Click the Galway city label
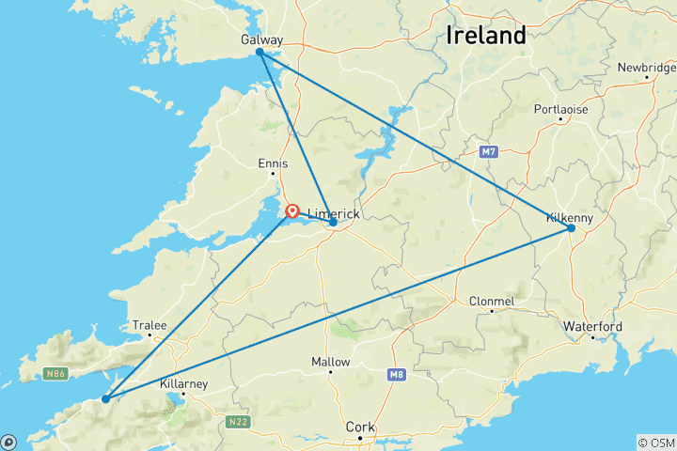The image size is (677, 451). point(260,40)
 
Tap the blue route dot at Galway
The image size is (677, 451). point(260,53)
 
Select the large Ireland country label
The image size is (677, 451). point(485,36)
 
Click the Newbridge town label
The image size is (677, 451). point(646,67)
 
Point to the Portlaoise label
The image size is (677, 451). point(560,109)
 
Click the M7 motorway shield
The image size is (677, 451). point(487,151)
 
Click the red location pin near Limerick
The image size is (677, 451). point(292,211)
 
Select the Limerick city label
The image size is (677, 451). point(334,214)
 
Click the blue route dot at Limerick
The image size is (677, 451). point(333,223)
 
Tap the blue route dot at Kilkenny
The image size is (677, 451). point(571,228)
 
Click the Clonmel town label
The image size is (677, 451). point(492,302)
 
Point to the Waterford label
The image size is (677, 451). point(592,326)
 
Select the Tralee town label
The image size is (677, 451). point(150,325)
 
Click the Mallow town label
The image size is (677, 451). point(330,362)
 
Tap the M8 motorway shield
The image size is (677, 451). point(396,374)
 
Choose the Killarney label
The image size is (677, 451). point(183,384)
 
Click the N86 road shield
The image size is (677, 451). point(55,374)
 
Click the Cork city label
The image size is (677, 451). point(360,427)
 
